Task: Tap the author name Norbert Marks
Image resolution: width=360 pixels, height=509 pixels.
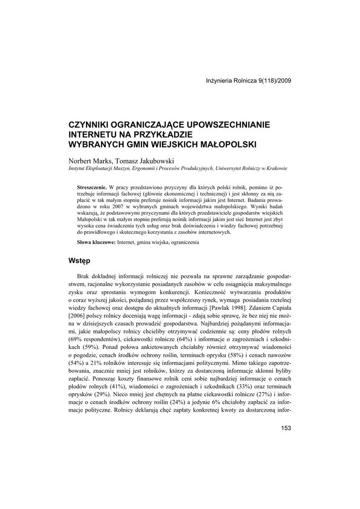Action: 90,161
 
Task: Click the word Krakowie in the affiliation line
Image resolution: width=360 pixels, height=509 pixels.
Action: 275,169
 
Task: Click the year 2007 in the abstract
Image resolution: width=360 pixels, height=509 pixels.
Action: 113,205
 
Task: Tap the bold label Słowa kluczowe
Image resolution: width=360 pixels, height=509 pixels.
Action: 96,242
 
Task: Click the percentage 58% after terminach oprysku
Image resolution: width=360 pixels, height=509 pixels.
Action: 218,356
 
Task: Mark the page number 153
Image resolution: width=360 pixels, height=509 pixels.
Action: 286,428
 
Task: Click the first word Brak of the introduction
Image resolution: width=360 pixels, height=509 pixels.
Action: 84,276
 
